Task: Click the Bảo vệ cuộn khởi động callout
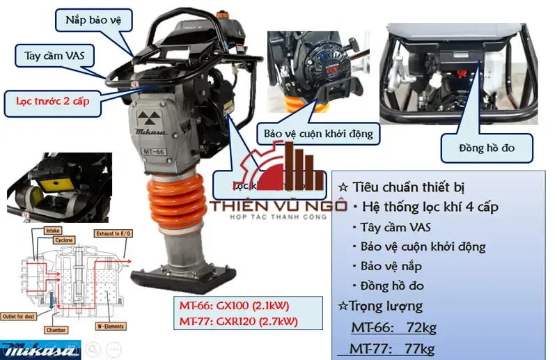click(x=319, y=132)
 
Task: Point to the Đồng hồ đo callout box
click(x=487, y=148)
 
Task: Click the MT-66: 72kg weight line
click(x=393, y=327)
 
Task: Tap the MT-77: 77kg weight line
click(x=393, y=348)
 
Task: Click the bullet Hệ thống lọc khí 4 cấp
click(x=425, y=207)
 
